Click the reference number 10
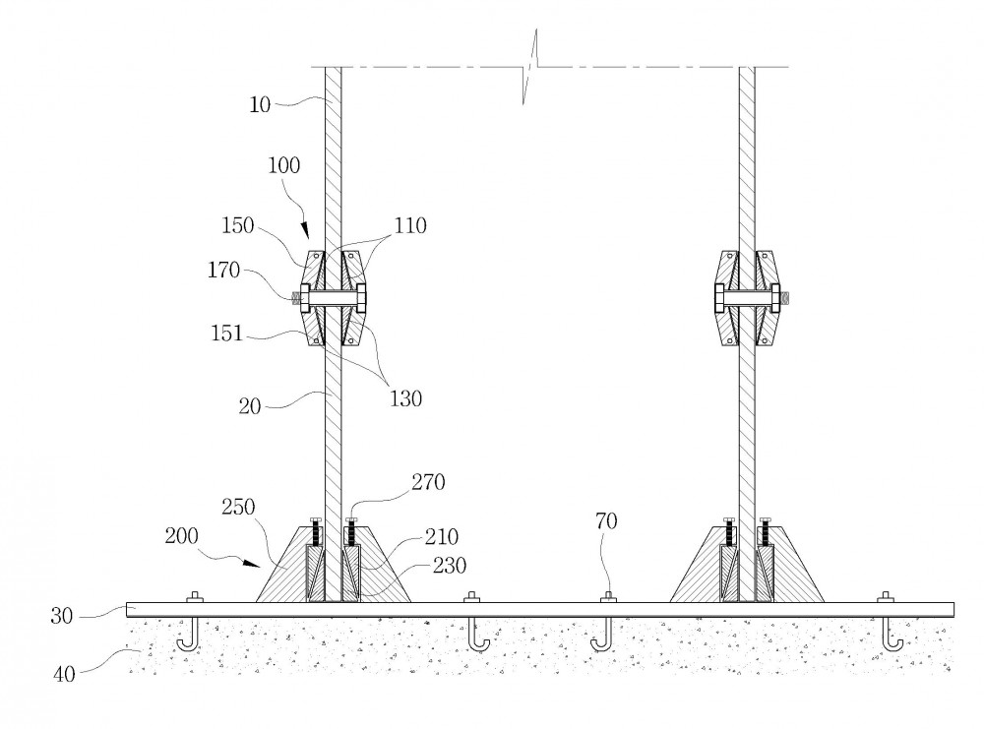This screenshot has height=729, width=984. [x=260, y=104]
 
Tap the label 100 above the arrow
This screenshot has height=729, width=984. [x=284, y=165]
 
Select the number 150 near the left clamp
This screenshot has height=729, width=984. [x=238, y=225]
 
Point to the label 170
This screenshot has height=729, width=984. [x=224, y=271]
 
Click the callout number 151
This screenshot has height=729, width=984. [x=226, y=334]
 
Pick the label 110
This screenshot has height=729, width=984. [x=410, y=225]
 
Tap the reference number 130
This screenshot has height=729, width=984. [x=405, y=398]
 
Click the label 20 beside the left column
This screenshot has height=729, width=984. [x=250, y=406]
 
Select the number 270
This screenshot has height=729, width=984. [x=429, y=482]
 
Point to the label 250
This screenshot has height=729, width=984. [x=238, y=507]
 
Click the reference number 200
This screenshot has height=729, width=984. [x=181, y=536]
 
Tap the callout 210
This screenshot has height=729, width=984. [x=442, y=537]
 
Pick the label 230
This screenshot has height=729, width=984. [x=450, y=566]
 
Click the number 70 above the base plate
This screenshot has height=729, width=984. [x=607, y=520]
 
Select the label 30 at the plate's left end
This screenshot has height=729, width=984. [x=62, y=616]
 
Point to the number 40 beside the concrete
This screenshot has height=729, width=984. [x=64, y=675]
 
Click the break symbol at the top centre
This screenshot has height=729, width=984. [x=531, y=67]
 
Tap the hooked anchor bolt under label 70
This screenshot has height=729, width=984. [x=603, y=634]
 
